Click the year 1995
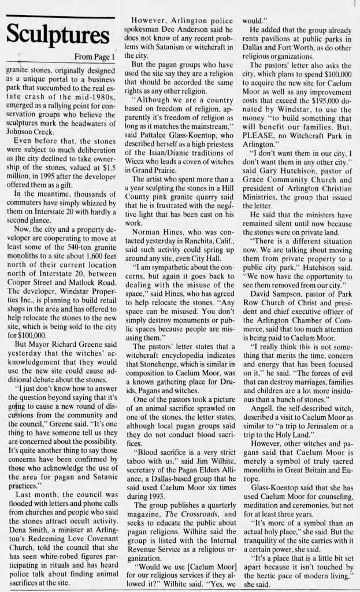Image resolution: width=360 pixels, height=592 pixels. tap(45, 165)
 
